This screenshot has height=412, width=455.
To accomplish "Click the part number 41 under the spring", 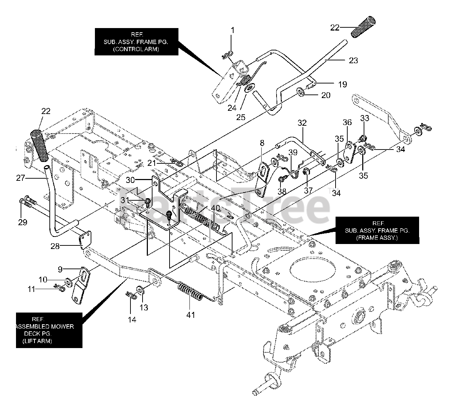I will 191,315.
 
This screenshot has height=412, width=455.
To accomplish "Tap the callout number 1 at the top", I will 232,31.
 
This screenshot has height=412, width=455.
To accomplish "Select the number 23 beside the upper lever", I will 353,60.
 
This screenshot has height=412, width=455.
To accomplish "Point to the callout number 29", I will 23,222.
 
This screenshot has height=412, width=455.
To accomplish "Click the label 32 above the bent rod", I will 302,123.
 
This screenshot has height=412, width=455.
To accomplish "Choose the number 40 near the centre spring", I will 215,208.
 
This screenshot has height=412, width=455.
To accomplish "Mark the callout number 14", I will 132,320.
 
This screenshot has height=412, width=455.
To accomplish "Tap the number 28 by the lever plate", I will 55,246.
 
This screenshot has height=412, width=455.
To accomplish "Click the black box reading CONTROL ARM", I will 136,42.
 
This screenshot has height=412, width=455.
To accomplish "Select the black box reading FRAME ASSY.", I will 377,231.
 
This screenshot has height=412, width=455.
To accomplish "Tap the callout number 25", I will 241,117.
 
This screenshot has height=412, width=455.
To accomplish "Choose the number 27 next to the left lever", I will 21,178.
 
